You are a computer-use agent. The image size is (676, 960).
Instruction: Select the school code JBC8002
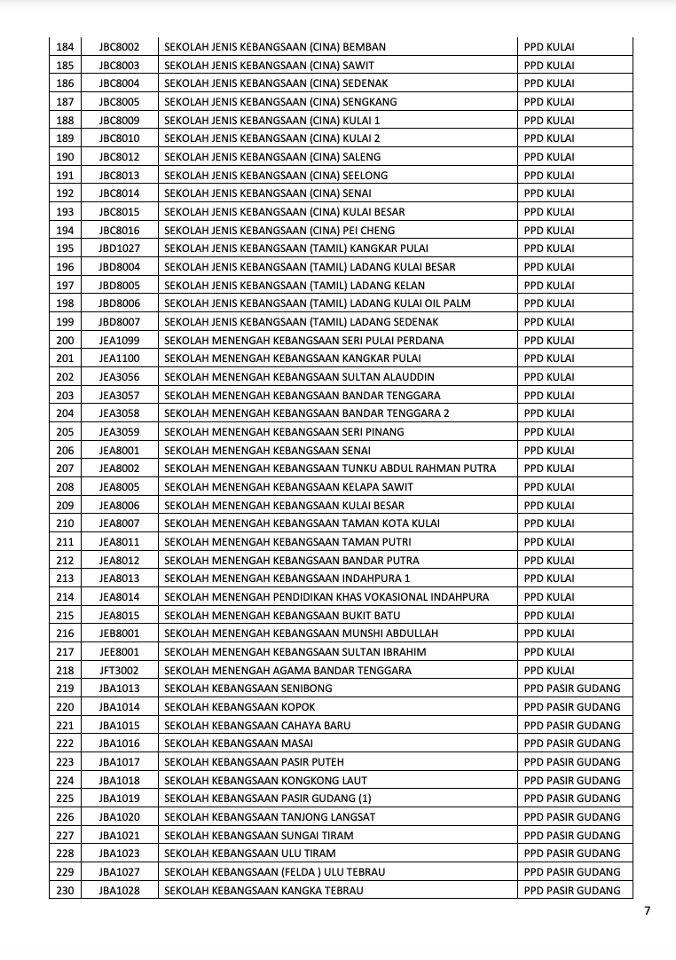pos(119,46)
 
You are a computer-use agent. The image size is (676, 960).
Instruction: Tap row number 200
pos(65,340)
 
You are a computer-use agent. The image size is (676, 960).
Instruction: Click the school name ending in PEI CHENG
pos(279,231)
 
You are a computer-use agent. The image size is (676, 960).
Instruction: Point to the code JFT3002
pos(119,670)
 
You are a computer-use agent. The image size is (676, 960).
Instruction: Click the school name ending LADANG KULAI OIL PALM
pos(318,303)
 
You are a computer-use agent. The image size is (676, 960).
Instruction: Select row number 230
pos(65,890)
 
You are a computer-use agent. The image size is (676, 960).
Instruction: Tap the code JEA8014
pos(119,597)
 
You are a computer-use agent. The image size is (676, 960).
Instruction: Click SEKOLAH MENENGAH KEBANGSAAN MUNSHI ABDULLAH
pos(302,633)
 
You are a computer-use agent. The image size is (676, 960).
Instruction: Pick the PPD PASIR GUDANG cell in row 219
pos(572,689)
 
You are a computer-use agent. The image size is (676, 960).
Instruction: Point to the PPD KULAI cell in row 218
pos(549,670)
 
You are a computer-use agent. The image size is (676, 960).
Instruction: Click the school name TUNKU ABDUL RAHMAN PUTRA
pos(330,468)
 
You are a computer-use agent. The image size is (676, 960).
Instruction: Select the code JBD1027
pos(119,248)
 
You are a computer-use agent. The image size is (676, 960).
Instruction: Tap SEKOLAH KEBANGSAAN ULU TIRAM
pos(250,854)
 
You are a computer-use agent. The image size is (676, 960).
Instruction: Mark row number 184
pos(65,46)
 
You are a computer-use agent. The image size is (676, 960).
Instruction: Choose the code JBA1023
pos(119,854)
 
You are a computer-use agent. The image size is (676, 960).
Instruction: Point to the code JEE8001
pos(119,652)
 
